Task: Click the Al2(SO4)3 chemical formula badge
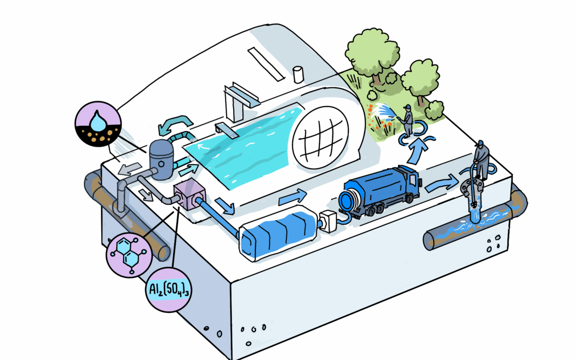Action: pyautogui.click(x=168, y=290)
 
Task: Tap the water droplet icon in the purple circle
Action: pyautogui.click(x=97, y=121)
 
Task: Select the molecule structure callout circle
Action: pyautogui.click(x=129, y=254)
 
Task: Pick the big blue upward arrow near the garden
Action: pyautogui.click(x=418, y=150)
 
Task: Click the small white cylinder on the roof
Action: pyautogui.click(x=298, y=74)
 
